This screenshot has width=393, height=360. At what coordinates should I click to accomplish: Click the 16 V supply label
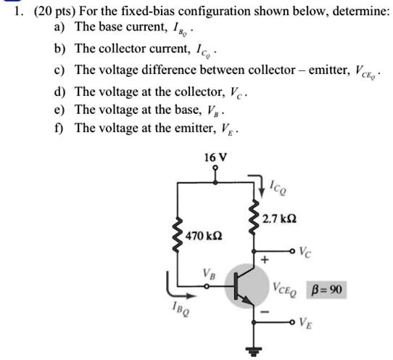tap(215, 157)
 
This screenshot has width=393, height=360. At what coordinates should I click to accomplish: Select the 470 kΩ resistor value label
tap(204, 237)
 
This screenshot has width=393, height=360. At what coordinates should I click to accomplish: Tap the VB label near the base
tap(210, 274)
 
